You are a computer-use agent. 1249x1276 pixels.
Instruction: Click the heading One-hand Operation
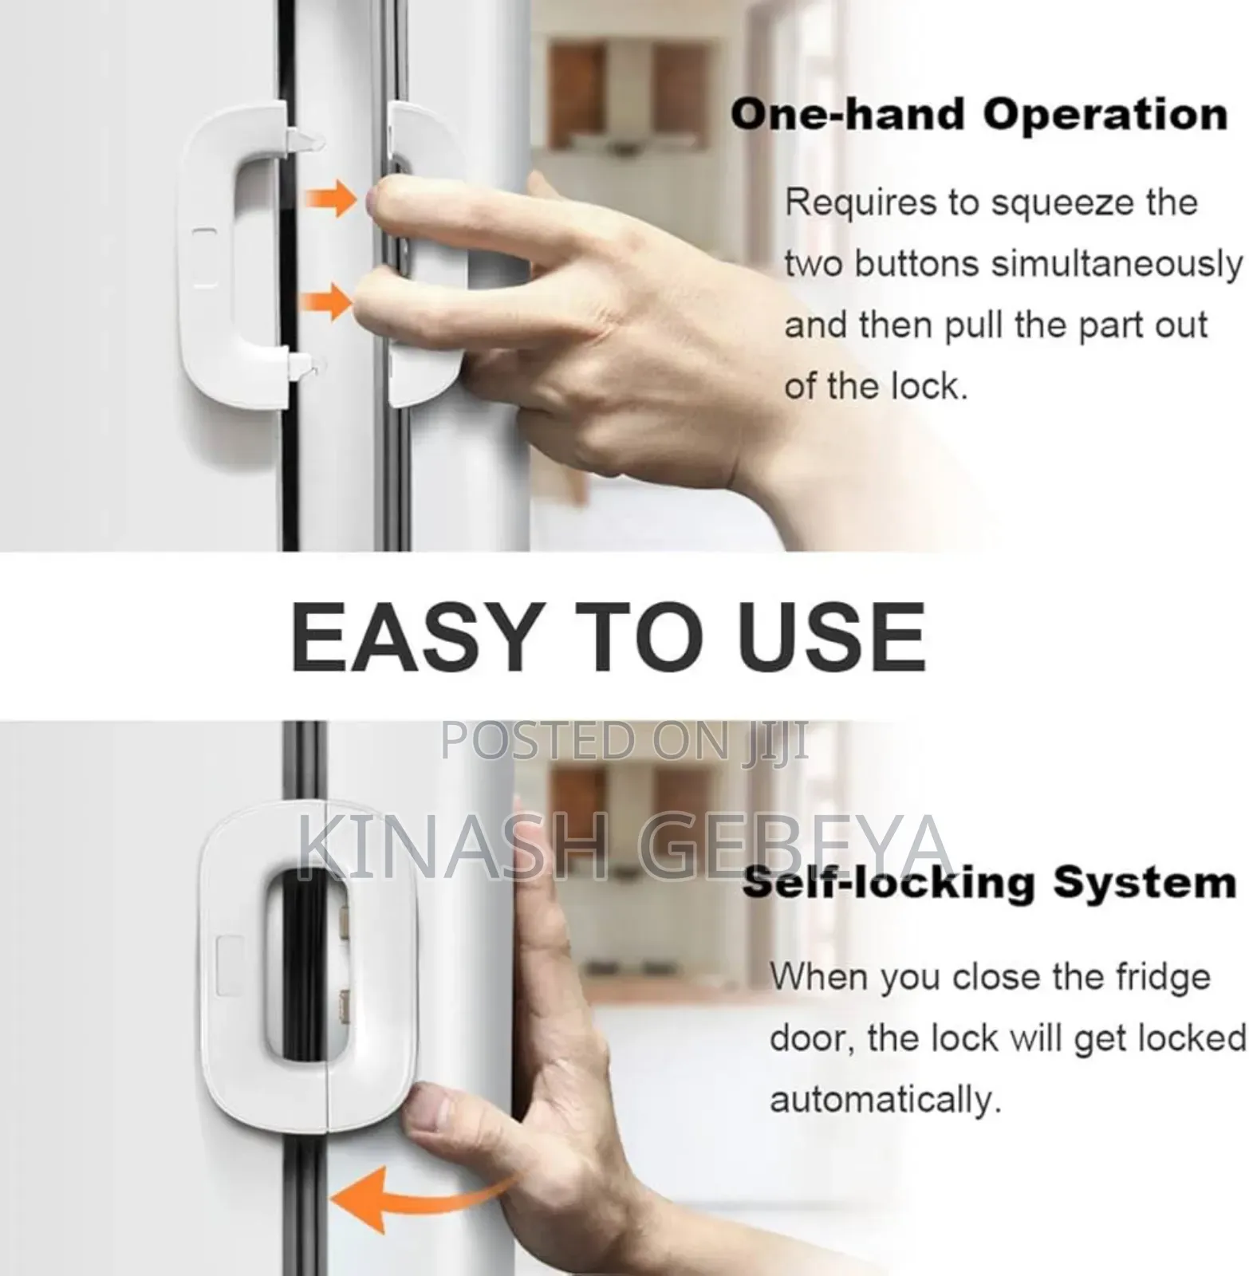979,115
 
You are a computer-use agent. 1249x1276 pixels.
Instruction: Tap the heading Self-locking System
989,884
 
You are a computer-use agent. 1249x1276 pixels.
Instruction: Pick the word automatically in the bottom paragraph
884,1100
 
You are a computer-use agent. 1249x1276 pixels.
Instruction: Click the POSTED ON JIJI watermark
624,741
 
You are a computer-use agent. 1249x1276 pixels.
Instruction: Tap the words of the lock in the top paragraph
875,387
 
